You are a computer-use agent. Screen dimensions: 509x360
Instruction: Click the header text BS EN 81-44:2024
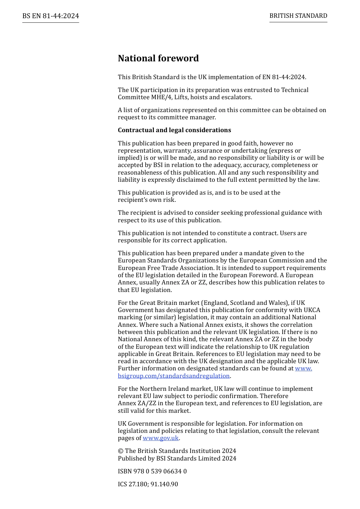pyautogui.click(x=50, y=16)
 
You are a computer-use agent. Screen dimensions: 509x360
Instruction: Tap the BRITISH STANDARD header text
pyautogui.click(x=298, y=16)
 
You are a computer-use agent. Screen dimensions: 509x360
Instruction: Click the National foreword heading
pyautogui.click(x=158, y=58)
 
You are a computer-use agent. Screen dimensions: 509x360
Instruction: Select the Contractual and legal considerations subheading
pyautogui.click(x=174, y=130)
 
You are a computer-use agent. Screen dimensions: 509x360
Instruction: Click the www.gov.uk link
pyautogui.click(x=161, y=438)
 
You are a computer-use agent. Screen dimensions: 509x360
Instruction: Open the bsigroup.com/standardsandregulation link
pyautogui.click(x=174, y=376)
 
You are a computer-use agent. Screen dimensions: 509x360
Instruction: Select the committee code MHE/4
pyautogui.click(x=159, y=97)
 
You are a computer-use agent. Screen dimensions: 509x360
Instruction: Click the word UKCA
pyautogui.click(x=311, y=310)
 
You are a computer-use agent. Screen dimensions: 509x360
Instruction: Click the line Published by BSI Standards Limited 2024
pyautogui.click(x=177, y=459)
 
